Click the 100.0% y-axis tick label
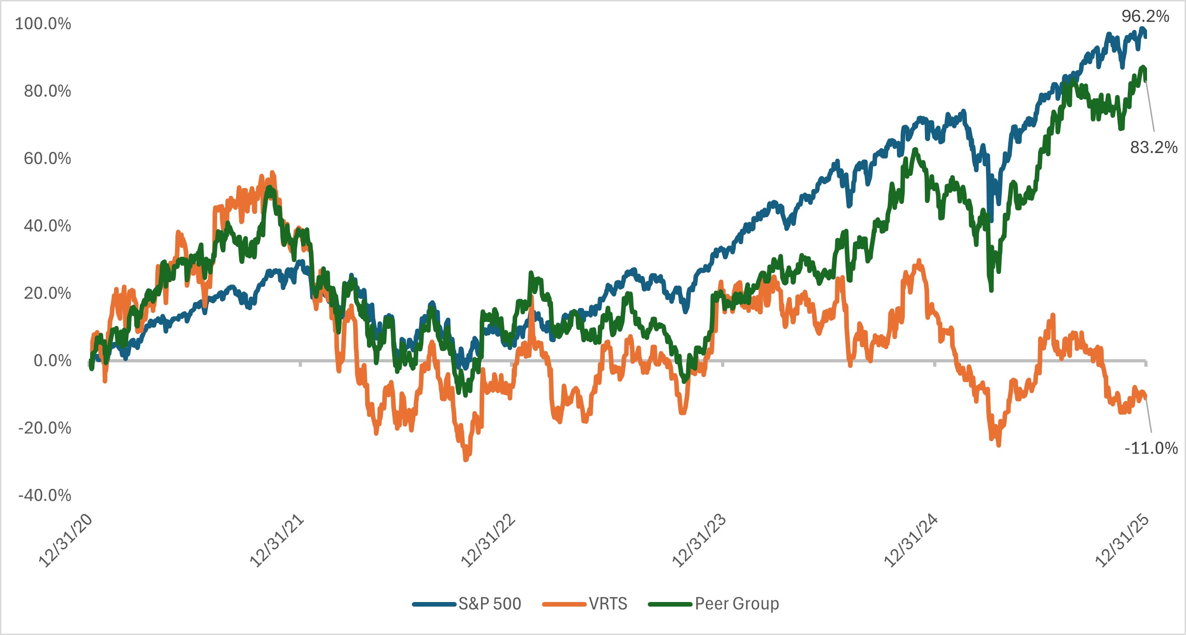(43, 23)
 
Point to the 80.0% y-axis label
(48, 91)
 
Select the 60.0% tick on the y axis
(48, 159)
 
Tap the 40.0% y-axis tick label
(48, 225)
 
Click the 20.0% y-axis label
(48, 293)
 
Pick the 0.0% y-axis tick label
(52, 361)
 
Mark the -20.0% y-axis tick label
(44, 428)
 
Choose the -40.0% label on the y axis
(44, 495)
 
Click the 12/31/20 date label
(66, 541)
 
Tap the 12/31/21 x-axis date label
(277, 541)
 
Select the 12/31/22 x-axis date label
(488, 541)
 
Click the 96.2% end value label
(1145, 16)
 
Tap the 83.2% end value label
(1153, 148)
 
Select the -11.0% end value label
(1151, 448)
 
